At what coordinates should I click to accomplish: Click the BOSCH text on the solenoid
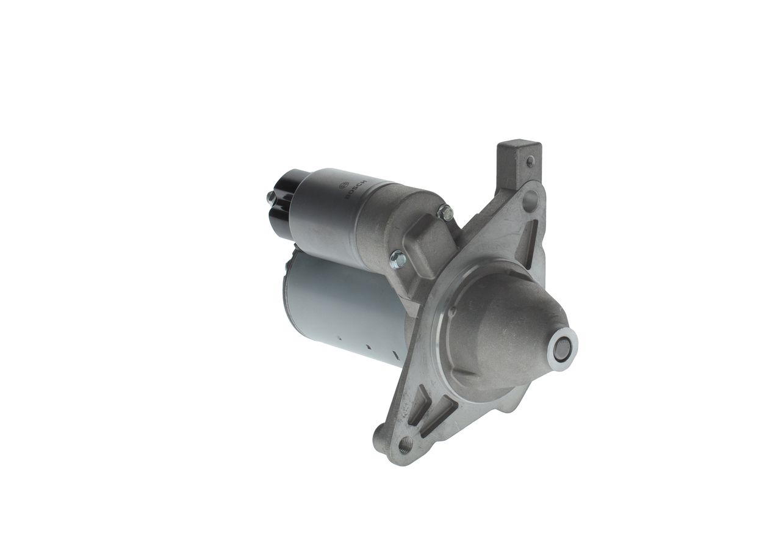coord(356,190)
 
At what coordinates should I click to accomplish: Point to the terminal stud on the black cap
coord(270,198)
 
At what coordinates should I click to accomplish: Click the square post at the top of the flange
coord(519,165)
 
